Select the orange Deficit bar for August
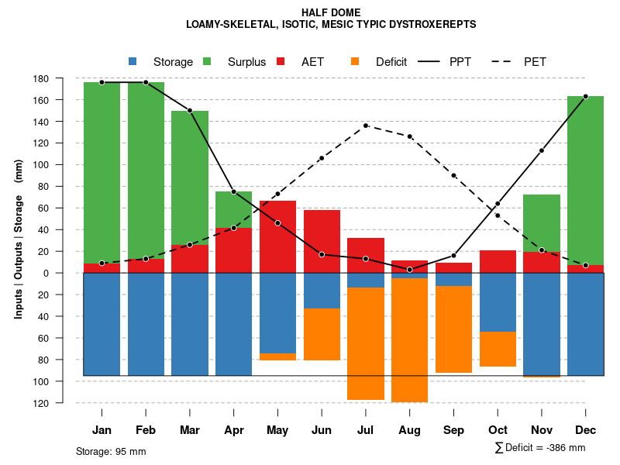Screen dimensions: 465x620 pos(409,339)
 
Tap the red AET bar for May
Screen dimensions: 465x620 pos(277,236)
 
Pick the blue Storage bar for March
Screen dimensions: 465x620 pos(190,324)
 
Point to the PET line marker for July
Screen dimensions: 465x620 pos(366,126)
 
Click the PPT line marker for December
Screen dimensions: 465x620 pos(585,96)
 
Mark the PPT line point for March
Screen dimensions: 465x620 pos(190,111)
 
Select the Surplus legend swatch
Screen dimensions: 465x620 pos(208,62)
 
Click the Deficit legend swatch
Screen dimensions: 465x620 pos(355,62)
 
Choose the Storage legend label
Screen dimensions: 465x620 pos(173,62)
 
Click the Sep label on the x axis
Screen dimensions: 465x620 pos(453,430)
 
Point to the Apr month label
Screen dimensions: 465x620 pos(234,430)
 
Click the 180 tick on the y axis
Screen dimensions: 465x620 pos(63,79)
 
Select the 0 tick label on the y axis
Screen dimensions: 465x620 pos(67,273)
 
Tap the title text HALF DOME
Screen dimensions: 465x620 pos(331,12)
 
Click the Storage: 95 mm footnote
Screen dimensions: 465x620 pos(111,451)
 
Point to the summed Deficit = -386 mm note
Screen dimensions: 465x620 pos(540,448)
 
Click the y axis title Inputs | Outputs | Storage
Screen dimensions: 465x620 pos(19,240)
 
